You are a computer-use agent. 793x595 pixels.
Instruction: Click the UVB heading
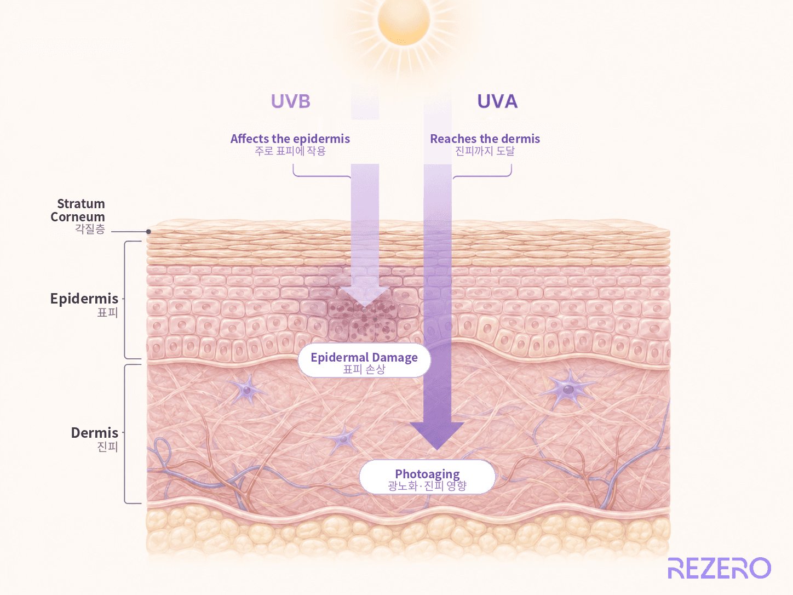coord(290,101)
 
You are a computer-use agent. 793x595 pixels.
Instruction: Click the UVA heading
coord(497,101)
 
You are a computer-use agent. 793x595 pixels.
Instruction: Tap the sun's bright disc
coord(404,20)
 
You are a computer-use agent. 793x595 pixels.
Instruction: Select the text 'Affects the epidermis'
coord(290,139)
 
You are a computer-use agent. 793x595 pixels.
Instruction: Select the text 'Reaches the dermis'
coord(485,139)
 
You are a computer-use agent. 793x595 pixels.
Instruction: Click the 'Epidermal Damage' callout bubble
coord(364,361)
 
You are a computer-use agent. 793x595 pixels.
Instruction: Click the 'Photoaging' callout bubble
coord(427,477)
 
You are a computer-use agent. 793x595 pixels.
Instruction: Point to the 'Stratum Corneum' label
coord(78,210)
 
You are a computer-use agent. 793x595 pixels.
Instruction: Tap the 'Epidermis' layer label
coord(84,299)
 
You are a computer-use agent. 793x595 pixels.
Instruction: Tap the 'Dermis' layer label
coord(95,433)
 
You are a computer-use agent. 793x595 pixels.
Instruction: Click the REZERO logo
coord(719,568)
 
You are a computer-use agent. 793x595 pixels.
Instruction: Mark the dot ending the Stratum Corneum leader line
coord(148,232)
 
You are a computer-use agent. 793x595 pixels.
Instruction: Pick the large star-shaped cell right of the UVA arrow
coord(568,390)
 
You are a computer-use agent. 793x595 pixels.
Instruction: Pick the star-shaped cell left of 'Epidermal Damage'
coord(247,390)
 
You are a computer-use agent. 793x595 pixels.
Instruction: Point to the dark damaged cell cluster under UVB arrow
coord(363,320)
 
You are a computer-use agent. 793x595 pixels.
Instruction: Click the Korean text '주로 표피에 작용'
coord(290,151)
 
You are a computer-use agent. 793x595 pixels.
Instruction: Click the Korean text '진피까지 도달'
coord(485,151)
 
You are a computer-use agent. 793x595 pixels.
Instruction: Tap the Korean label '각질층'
coord(90,229)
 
